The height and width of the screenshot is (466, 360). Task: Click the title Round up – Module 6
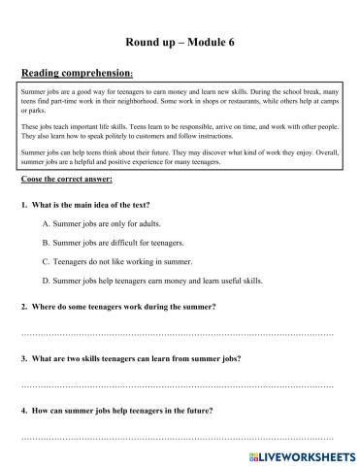(x=180, y=42)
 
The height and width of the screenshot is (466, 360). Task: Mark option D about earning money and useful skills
(x=166, y=281)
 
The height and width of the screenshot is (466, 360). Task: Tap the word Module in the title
(x=203, y=42)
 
